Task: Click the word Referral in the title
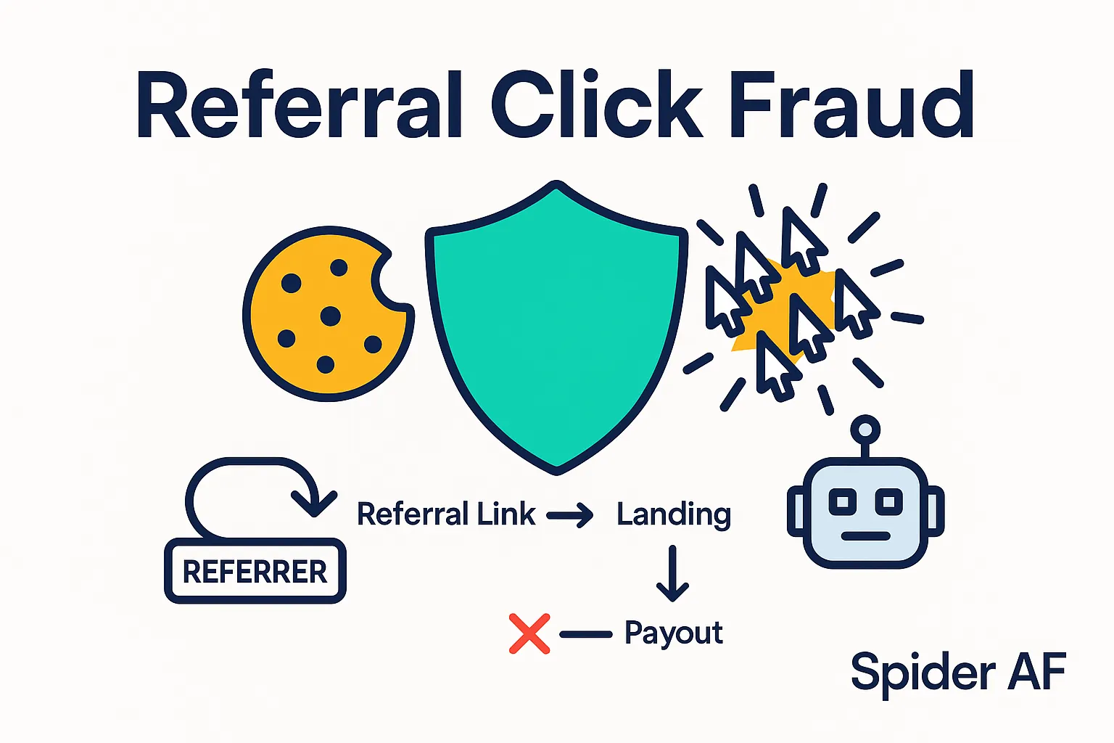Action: (x=300, y=106)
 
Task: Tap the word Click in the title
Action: (x=597, y=106)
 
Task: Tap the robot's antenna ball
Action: (x=865, y=429)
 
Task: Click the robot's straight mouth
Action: (x=865, y=536)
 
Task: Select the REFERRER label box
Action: (x=255, y=572)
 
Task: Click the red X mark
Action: (x=529, y=633)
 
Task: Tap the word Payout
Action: (x=673, y=633)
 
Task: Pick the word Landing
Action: (x=673, y=514)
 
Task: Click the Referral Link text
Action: (x=446, y=514)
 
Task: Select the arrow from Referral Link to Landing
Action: (x=570, y=516)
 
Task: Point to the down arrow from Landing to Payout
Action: (x=672, y=574)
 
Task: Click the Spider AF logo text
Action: (x=957, y=672)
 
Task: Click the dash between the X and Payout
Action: (x=586, y=634)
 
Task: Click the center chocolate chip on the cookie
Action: (x=330, y=316)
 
